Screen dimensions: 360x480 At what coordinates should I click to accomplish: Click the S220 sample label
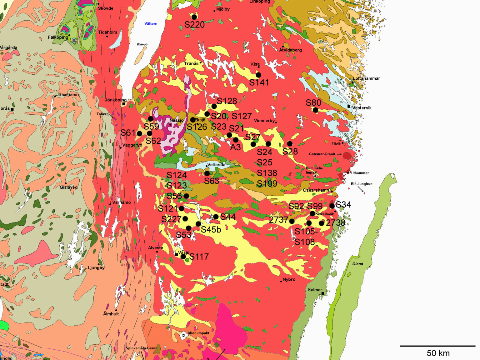194,25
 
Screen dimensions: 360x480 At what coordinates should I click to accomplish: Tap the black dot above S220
194,17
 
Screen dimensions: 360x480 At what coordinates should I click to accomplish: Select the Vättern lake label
151,24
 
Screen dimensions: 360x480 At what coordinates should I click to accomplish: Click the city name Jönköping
115,100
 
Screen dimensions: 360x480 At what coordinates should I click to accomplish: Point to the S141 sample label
259,82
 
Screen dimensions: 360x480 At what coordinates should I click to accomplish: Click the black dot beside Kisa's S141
258,75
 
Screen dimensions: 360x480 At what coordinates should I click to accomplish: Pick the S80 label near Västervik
313,103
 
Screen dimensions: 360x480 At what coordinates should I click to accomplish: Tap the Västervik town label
362,108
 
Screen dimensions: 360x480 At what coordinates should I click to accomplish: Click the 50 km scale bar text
438,353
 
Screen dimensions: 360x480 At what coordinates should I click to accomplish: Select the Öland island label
358,264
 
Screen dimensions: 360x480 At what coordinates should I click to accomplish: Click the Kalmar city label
314,290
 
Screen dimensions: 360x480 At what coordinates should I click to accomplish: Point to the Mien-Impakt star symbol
183,335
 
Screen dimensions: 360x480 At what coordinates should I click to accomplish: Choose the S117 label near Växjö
199,257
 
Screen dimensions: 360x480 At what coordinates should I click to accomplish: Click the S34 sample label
343,205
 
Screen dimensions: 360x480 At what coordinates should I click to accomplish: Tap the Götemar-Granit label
322,154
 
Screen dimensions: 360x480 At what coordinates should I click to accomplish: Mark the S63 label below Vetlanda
211,181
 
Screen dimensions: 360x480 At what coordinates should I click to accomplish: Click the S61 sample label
128,133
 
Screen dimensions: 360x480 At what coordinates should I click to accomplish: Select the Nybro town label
289,279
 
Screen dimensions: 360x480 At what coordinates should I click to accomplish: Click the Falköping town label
58,37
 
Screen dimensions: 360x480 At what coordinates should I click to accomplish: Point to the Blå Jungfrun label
362,184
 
